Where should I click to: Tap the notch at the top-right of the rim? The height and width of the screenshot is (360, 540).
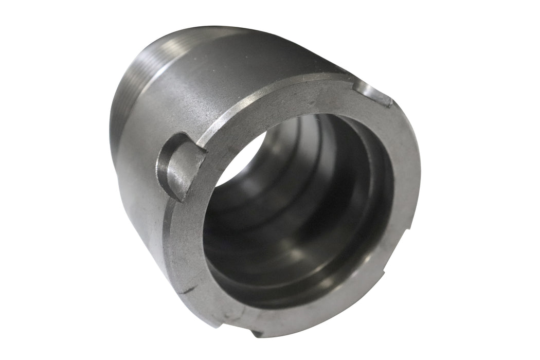(374, 94)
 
